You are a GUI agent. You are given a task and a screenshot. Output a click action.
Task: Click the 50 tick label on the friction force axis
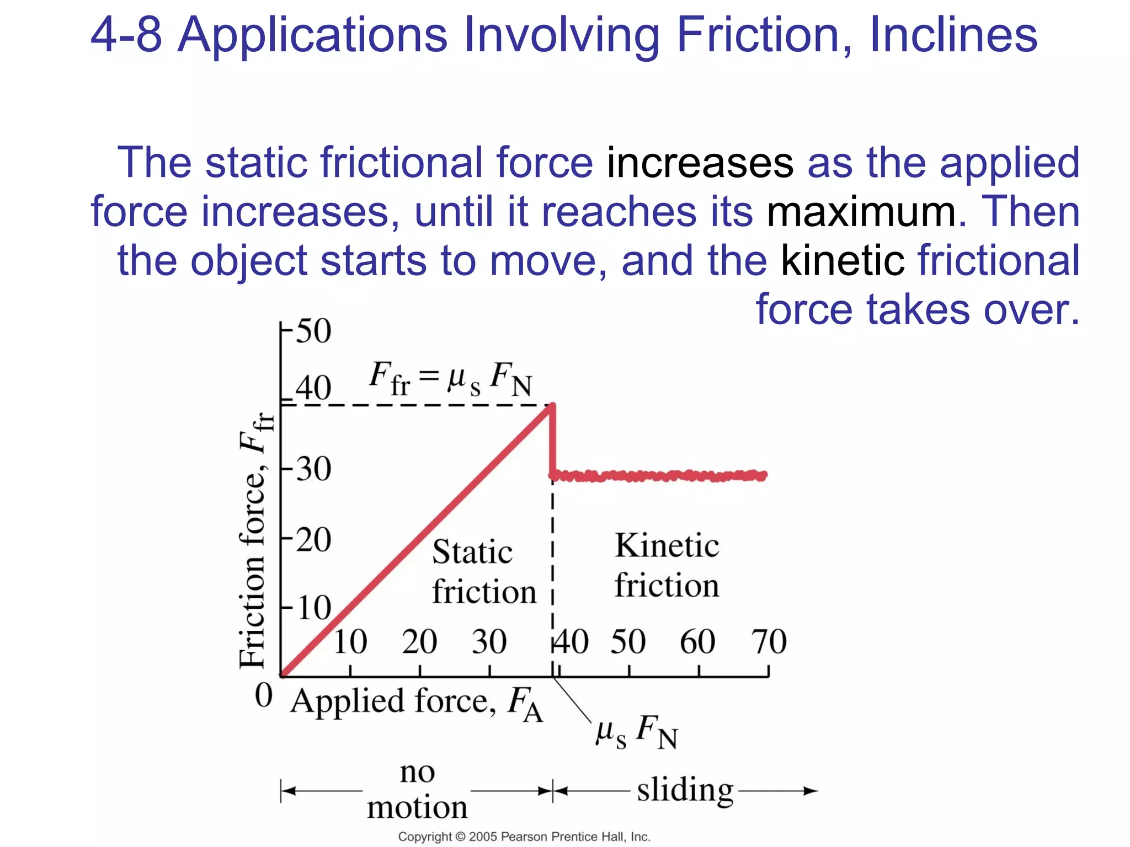click(x=313, y=331)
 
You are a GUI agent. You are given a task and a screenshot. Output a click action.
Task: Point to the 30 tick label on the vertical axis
click(x=313, y=470)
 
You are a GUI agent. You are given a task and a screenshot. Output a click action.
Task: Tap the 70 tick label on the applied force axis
click(x=769, y=642)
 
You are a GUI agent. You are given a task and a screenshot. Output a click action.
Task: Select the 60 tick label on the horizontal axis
click(x=697, y=642)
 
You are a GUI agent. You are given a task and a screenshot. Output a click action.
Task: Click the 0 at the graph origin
click(x=264, y=695)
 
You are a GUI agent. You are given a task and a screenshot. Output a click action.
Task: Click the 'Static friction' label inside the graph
click(x=483, y=572)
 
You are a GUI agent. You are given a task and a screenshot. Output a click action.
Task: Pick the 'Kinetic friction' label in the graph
click(x=667, y=565)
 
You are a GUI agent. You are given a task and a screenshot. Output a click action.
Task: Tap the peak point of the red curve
click(x=552, y=406)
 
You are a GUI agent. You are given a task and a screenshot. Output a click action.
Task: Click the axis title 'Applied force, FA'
click(x=417, y=703)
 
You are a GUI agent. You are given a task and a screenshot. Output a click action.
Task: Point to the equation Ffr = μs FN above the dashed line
click(x=450, y=379)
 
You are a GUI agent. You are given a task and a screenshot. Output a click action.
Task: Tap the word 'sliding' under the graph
click(x=685, y=790)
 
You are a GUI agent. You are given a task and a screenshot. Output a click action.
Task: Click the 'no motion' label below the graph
click(x=417, y=790)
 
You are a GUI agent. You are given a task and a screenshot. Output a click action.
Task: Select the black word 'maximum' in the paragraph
click(x=861, y=212)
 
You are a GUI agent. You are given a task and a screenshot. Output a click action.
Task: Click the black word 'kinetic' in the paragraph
click(x=842, y=260)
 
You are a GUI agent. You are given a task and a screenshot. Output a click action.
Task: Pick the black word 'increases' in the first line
click(x=700, y=163)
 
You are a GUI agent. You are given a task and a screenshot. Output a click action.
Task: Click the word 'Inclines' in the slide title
click(x=953, y=35)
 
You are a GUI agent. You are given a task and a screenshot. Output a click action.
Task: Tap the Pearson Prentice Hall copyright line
click(x=524, y=837)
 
